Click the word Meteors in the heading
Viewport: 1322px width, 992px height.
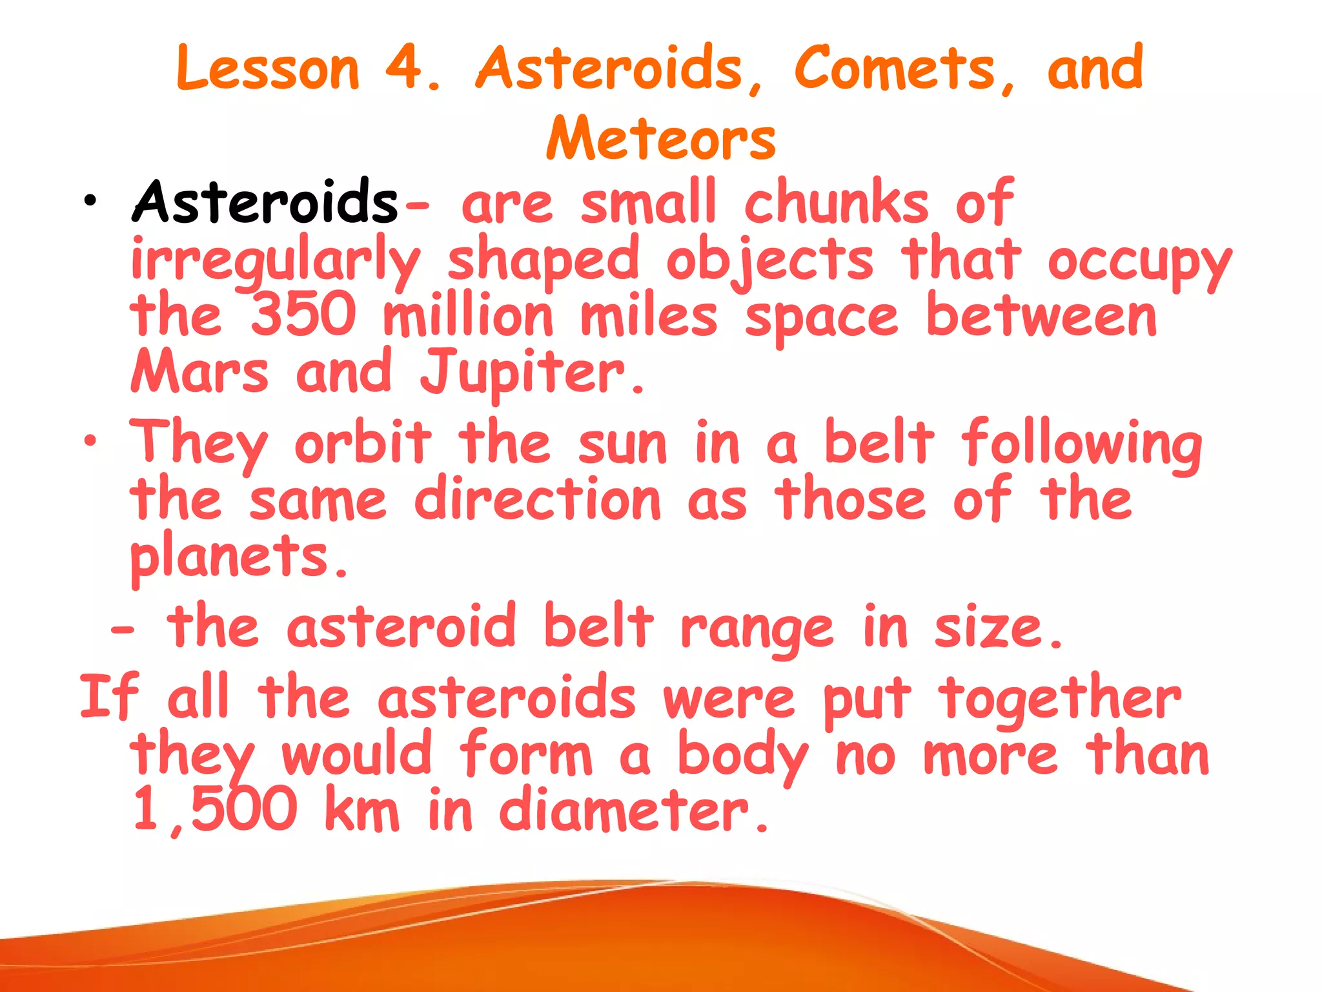click(661, 138)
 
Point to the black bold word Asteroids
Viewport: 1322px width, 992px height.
click(265, 203)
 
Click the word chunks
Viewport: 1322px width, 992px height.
click(836, 203)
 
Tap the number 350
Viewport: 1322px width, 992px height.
click(303, 314)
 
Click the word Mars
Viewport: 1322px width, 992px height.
click(199, 371)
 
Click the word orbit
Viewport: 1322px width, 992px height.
click(363, 443)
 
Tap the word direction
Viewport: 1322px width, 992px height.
click(538, 499)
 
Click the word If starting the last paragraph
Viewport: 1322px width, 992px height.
click(108, 696)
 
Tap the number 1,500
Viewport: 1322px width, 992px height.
click(214, 810)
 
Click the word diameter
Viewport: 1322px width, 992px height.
click(633, 810)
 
